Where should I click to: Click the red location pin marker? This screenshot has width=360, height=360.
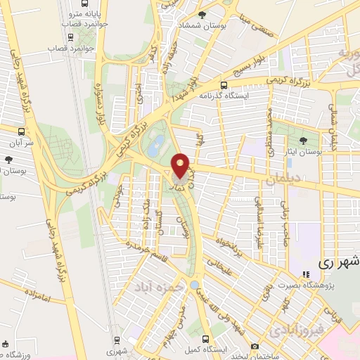click(x=181, y=166)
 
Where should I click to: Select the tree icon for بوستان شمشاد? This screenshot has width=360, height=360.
click(x=202, y=15)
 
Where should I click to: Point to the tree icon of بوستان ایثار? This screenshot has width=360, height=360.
click(x=304, y=141)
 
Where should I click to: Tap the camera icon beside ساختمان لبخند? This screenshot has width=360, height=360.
click(x=254, y=347)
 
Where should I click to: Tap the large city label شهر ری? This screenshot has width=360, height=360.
click(x=338, y=262)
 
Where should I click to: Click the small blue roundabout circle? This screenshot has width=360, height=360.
click(x=194, y=285)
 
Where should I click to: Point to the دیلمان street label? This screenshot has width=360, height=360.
click(x=281, y=181)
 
